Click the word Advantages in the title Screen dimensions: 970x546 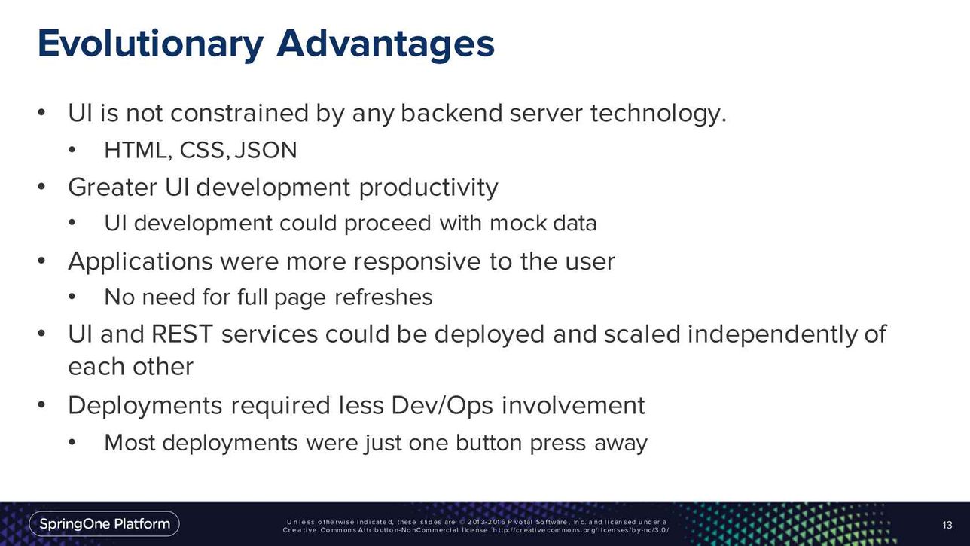point(386,43)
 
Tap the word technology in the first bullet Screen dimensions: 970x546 point(658,114)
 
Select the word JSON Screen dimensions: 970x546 point(266,151)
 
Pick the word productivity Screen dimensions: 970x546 point(429,188)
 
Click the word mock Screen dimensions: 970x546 point(518,224)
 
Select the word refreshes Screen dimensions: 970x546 point(383,297)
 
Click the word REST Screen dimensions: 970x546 point(182,334)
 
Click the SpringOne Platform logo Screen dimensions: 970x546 point(105,524)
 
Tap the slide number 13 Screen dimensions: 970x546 point(947,525)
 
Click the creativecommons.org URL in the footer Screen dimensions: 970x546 point(581,530)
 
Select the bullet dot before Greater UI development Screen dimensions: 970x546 point(41,187)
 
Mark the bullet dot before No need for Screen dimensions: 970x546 point(72,297)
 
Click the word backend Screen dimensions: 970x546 point(451,114)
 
